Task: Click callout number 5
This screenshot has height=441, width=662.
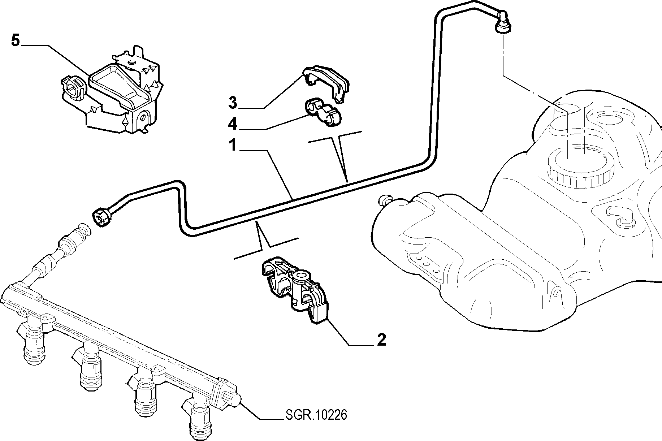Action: pos(15,40)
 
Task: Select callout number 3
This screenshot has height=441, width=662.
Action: pos(233,103)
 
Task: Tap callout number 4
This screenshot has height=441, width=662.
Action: pos(233,125)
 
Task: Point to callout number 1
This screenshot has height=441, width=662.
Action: pos(233,146)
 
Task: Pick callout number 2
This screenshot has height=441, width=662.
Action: pos(381,340)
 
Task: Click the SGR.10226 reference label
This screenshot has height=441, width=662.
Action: pos(316,415)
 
